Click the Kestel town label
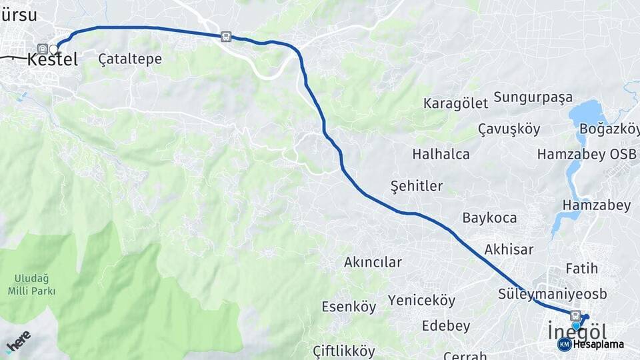click(x=53, y=59)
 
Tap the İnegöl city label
click(x=577, y=331)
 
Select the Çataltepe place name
click(x=130, y=59)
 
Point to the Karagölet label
click(x=456, y=103)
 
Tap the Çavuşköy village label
click(x=509, y=129)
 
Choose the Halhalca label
click(x=441, y=154)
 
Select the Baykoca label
click(x=489, y=218)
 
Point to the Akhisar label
click(x=509, y=249)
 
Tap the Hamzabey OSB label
click(x=587, y=155)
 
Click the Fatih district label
click(x=581, y=269)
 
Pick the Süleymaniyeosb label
click(x=543, y=293)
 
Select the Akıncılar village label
click(x=373, y=262)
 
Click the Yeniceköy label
click(x=421, y=301)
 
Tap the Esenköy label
click(x=349, y=307)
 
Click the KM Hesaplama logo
click(x=591, y=344)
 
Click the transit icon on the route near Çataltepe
click(x=227, y=37)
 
